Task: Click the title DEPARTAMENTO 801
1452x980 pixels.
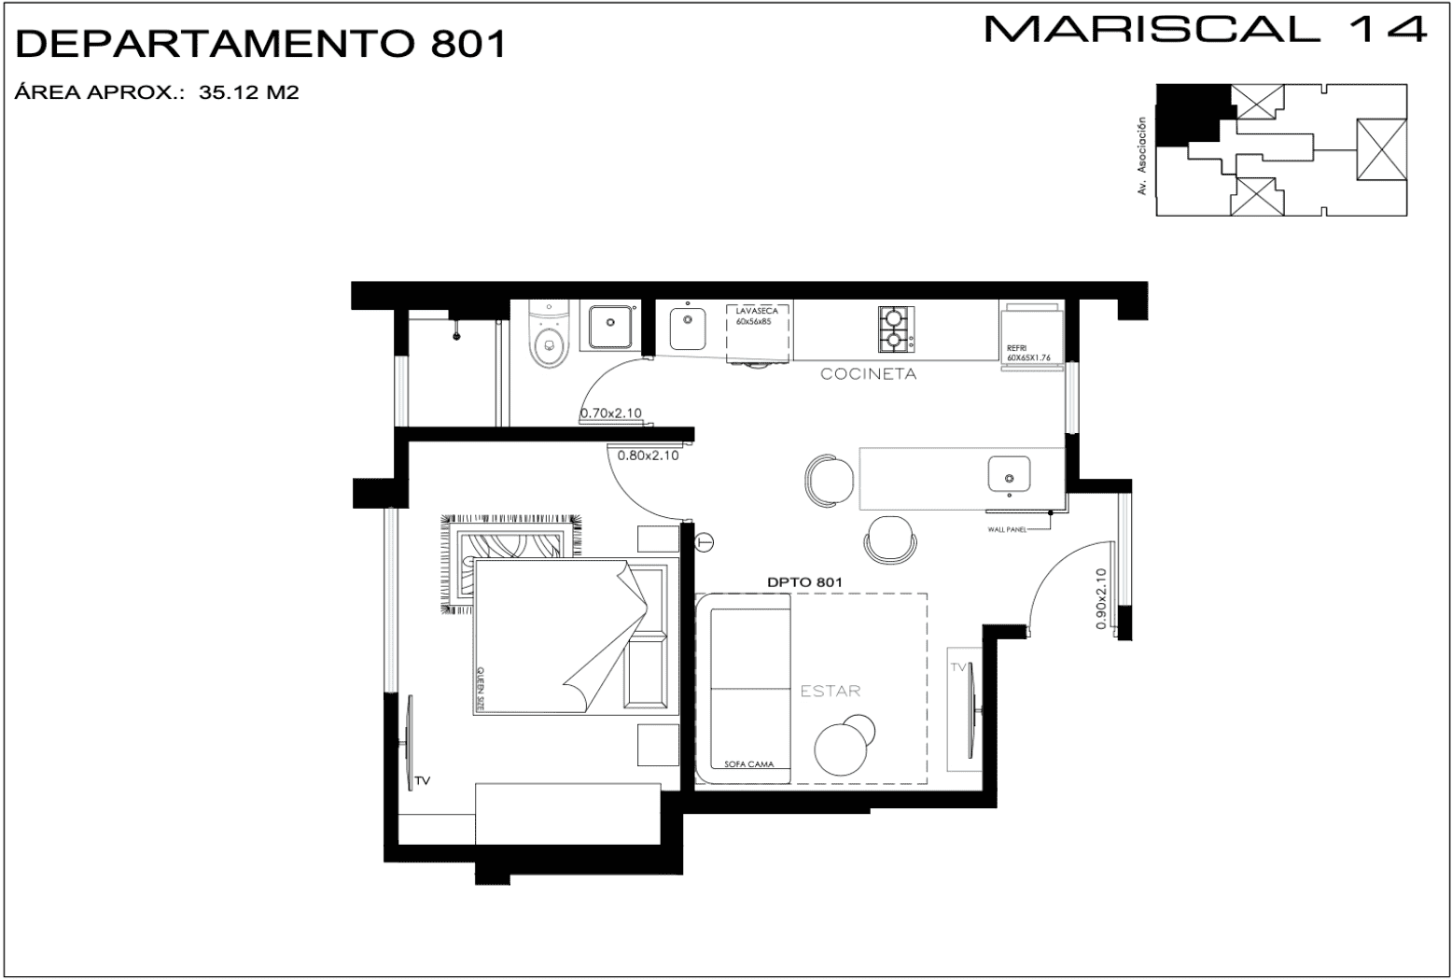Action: pyautogui.click(x=261, y=44)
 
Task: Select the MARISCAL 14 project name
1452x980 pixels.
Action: pyautogui.click(x=1206, y=30)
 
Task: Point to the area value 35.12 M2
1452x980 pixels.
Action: pyautogui.click(x=248, y=92)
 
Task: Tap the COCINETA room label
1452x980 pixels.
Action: pyautogui.click(x=868, y=374)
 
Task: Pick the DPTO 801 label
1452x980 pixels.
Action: pyautogui.click(x=804, y=581)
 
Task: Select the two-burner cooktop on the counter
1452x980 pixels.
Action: pyautogui.click(x=894, y=329)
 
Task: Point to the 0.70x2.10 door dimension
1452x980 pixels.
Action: pyautogui.click(x=610, y=413)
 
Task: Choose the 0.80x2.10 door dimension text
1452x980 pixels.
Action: pyautogui.click(x=648, y=456)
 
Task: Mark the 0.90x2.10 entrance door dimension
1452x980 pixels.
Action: pyautogui.click(x=1101, y=599)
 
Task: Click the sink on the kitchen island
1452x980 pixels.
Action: pyautogui.click(x=1009, y=474)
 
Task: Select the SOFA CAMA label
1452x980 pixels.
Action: pyautogui.click(x=748, y=764)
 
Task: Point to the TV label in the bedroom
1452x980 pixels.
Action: pyautogui.click(x=422, y=781)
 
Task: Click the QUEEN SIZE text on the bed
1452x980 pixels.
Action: pyautogui.click(x=481, y=690)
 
